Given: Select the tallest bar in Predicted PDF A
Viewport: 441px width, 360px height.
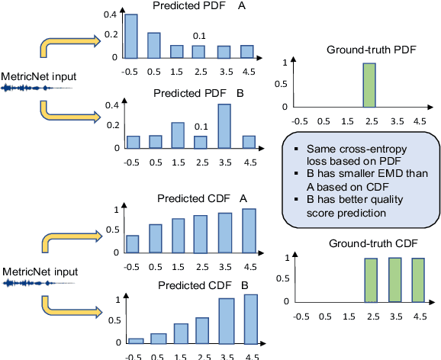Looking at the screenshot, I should tap(131, 36).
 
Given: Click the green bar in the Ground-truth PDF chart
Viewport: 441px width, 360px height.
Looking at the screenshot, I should tap(369, 85).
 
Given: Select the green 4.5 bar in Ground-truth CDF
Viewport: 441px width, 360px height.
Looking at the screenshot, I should tap(419, 280).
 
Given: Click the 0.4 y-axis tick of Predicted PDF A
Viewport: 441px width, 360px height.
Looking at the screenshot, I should tap(109, 15).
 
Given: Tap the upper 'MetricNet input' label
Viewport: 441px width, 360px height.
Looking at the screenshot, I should tap(37, 76).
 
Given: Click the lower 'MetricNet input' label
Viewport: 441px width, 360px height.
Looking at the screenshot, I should tap(37, 271).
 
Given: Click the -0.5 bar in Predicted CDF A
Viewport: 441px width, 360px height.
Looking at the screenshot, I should tap(131, 243).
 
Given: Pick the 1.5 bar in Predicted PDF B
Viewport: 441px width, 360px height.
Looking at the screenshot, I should tap(177, 135).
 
